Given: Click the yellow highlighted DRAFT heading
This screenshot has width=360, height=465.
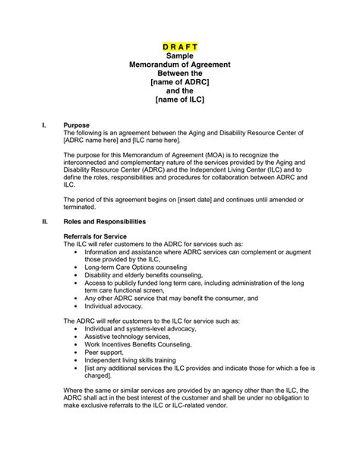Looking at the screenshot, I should (x=179, y=46).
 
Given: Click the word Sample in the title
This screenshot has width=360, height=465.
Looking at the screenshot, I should (x=179, y=56).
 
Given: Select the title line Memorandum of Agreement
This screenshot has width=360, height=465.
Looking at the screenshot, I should (x=179, y=67).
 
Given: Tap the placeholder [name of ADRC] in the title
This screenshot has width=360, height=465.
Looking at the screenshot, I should (x=179, y=88).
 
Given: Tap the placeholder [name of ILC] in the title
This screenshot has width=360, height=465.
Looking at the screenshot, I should (x=179, y=99).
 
